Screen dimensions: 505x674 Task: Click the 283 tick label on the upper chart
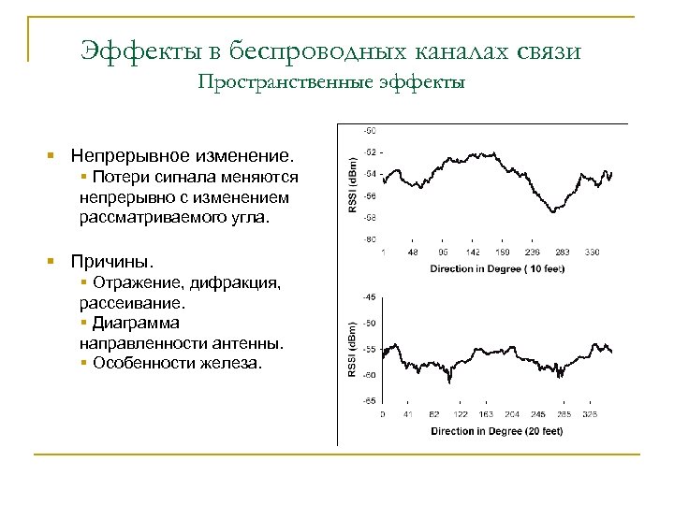pos(562,252)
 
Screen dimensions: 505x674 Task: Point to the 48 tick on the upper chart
pos(413,252)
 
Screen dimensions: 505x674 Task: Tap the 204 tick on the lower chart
pos(511,413)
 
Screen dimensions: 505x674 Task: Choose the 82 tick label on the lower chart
pos(433,413)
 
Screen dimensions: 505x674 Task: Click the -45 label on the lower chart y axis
pos(370,296)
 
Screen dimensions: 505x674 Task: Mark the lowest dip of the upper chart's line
pos(562,209)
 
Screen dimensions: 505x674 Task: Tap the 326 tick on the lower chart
pos(590,413)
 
